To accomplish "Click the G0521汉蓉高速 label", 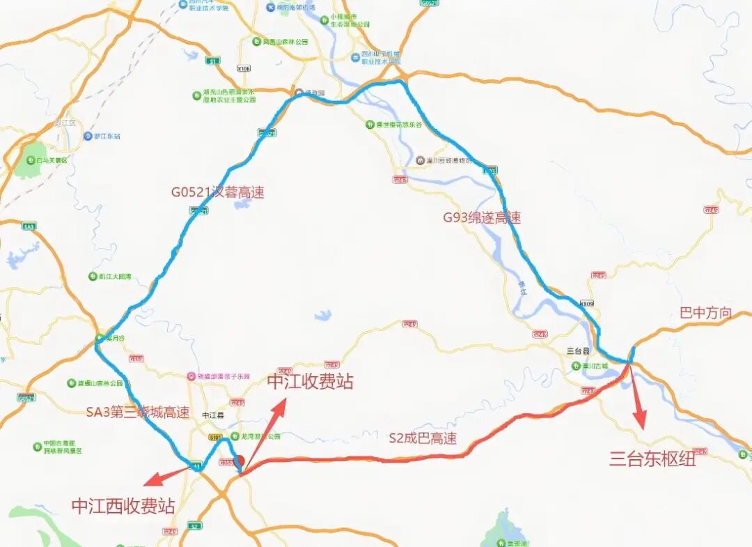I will [x=218, y=192].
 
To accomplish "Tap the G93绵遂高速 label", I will [x=482, y=217].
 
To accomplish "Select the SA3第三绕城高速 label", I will [x=137, y=412].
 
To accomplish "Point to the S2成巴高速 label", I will [x=423, y=438].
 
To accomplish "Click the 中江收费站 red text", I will [x=310, y=381].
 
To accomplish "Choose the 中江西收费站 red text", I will [x=123, y=506].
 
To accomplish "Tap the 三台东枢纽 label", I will [x=652, y=458].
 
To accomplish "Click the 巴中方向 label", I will [x=705, y=313].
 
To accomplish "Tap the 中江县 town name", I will [x=212, y=415].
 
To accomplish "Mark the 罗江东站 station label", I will [x=107, y=136].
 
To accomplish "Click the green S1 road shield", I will [x=213, y=61].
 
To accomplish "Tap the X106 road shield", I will [x=243, y=68].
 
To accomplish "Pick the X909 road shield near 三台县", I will [x=588, y=303].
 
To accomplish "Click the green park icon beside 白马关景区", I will [x=31, y=160].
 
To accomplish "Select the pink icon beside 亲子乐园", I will [x=190, y=376].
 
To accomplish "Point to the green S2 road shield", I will [x=195, y=526].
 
